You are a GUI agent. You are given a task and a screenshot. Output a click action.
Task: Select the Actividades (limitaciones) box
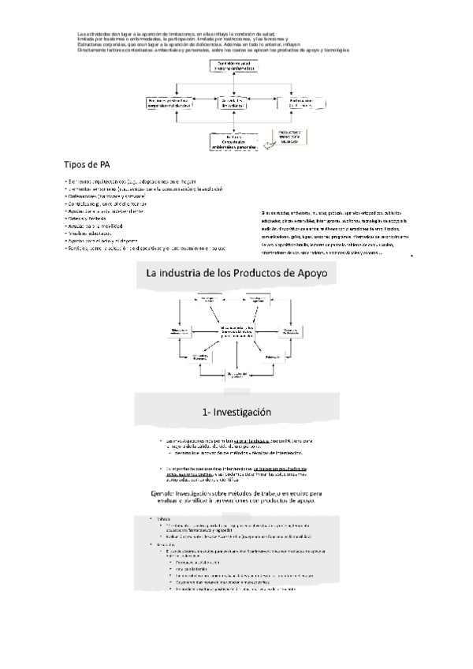(236, 103)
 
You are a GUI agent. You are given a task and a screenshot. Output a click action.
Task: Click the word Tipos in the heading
(76, 165)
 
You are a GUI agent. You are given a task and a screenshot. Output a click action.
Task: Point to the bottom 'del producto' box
(236, 373)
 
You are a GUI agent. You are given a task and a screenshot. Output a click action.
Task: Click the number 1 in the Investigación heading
(205, 412)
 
